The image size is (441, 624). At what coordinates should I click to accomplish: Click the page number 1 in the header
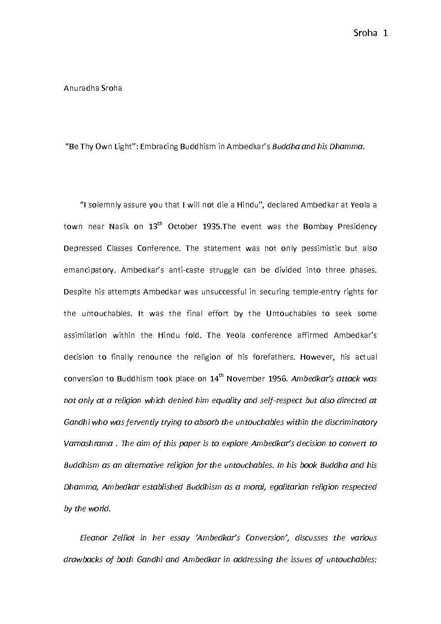coord(385,34)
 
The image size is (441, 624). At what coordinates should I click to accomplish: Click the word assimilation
coord(85,335)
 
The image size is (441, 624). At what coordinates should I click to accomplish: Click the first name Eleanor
coord(94,538)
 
